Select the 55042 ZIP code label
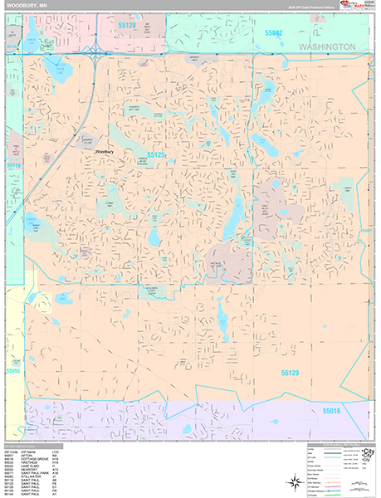point(274,32)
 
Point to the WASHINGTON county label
point(328,47)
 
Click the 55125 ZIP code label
point(156,155)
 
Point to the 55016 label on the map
point(332,411)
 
